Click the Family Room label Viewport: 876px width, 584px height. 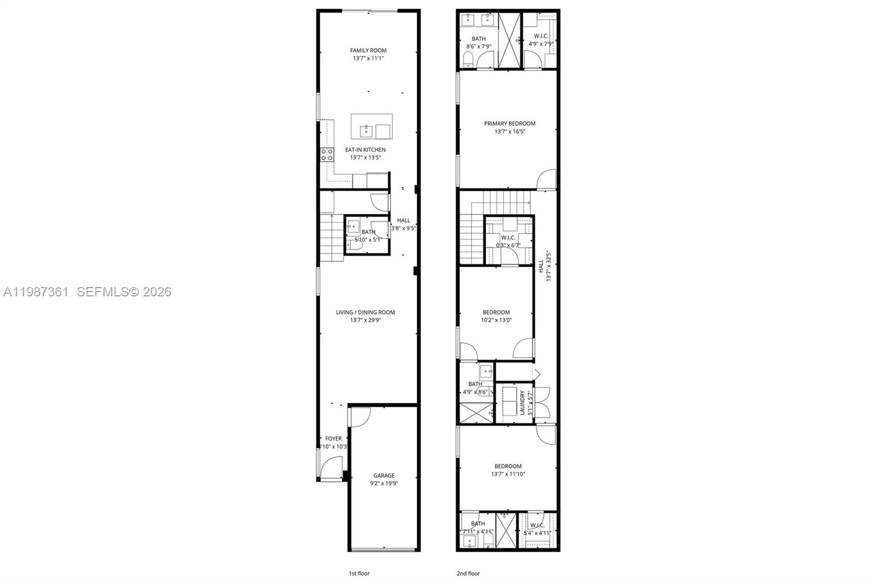point(368,50)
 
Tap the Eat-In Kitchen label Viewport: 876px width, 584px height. point(365,150)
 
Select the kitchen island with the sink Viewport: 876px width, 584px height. point(372,127)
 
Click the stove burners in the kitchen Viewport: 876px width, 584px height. point(327,154)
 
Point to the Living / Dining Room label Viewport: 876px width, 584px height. point(365,312)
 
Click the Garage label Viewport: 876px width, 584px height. point(384,476)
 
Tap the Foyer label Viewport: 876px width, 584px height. point(333,438)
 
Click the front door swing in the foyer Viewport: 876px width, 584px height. point(331,469)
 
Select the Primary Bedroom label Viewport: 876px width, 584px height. point(510,123)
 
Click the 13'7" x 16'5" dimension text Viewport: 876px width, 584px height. point(510,131)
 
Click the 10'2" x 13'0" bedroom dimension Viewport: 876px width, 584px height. point(497,320)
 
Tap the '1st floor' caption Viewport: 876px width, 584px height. point(359,574)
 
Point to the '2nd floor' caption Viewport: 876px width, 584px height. point(468,574)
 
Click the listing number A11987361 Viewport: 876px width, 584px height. point(36,292)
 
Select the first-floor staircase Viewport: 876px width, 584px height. point(332,238)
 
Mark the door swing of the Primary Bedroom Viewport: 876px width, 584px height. point(547,180)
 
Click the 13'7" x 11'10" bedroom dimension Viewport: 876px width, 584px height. point(508,474)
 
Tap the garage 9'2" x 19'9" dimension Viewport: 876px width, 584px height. point(384,484)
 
